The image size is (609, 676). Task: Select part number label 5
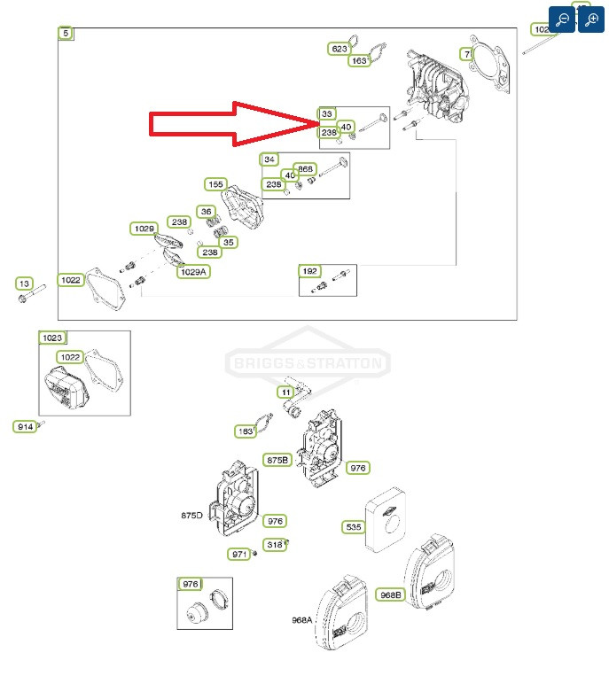coord(66,34)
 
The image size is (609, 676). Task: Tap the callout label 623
coord(340,49)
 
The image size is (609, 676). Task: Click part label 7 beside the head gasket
coord(466,54)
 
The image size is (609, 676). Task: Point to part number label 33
coord(327,114)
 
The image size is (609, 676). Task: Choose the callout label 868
coord(305,169)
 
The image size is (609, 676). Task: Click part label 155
coord(215,184)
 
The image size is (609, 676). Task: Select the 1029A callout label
coord(192,271)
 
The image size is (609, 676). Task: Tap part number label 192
coord(309,271)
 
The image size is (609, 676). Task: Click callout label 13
coord(24,284)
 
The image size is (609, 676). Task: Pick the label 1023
coord(52,338)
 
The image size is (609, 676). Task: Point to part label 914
coord(25,427)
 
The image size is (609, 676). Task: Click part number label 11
coord(285,392)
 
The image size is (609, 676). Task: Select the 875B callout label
coord(277,460)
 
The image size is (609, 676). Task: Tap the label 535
coord(354,527)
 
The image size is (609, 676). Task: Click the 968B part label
coord(389,594)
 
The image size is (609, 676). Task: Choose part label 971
coord(239,554)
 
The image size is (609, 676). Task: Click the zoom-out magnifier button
coord(562,19)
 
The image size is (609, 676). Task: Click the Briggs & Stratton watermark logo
coord(308,363)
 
